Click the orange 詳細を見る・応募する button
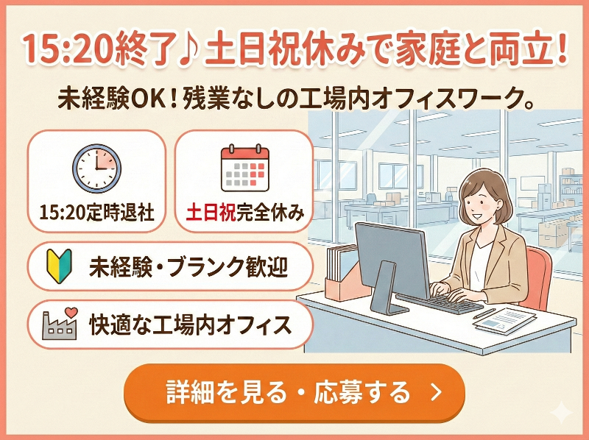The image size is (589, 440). coord(294,392)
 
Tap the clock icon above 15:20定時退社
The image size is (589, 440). coord(96,168)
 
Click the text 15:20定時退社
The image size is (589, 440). coord(96,213)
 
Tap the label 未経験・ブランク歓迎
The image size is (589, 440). coord(188,264)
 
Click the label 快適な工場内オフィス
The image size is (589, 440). coord(188,323)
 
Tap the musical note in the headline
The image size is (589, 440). coord(190,49)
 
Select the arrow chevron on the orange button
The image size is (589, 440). coord(436,392)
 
